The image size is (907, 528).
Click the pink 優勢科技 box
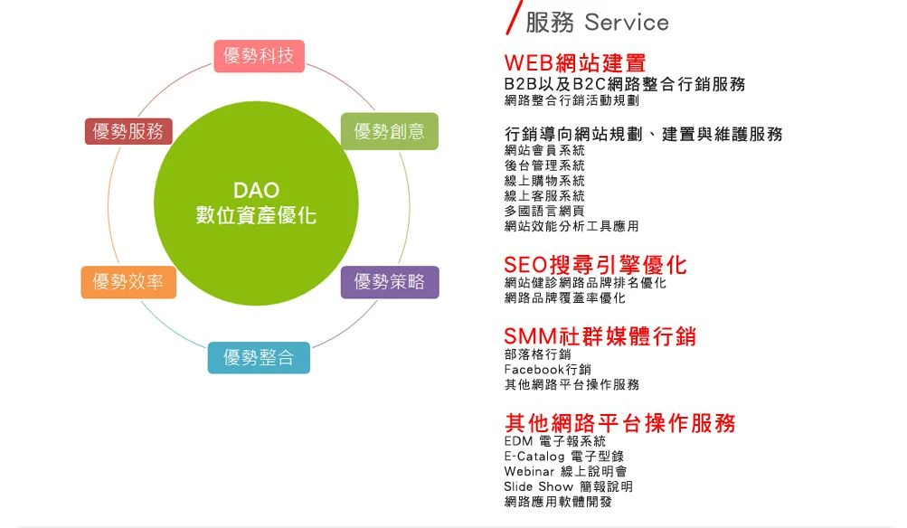(x=260, y=56)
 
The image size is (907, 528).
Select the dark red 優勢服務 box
(x=128, y=131)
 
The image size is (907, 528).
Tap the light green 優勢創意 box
(x=389, y=131)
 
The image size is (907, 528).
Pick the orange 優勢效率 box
(x=128, y=282)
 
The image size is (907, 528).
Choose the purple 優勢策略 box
(x=390, y=282)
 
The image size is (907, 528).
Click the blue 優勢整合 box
(x=259, y=357)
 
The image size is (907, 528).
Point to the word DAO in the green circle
(x=256, y=190)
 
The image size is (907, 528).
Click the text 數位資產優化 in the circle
(x=256, y=215)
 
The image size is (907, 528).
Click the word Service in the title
(x=627, y=23)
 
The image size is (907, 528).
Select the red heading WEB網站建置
(x=575, y=62)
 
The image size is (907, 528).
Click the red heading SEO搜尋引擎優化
(x=595, y=265)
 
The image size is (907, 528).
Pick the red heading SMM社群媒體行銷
(x=600, y=336)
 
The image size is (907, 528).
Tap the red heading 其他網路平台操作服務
(x=620, y=423)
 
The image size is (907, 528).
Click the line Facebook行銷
(x=548, y=369)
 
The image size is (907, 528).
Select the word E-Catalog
(x=534, y=457)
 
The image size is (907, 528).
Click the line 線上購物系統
(x=544, y=181)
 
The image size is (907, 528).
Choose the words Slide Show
(x=539, y=486)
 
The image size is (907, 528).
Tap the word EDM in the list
(x=518, y=441)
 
